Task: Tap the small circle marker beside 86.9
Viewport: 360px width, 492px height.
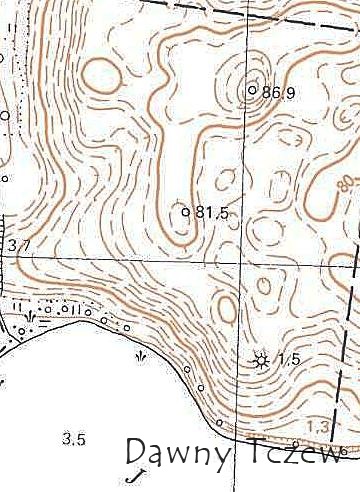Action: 252,90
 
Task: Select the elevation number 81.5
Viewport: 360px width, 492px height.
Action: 213,212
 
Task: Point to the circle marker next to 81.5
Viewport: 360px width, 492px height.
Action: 186,211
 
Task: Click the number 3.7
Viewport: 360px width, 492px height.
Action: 17,244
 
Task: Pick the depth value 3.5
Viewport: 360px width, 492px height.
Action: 73,438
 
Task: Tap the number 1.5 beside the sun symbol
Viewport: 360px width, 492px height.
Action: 289,359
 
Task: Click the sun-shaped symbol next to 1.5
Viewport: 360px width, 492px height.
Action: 262,360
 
